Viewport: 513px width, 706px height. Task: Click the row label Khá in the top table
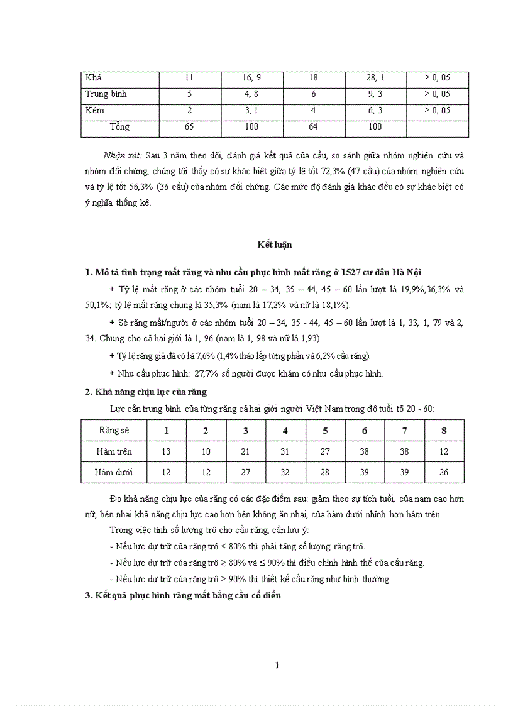click(x=94, y=78)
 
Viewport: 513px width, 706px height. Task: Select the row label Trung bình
click(x=106, y=94)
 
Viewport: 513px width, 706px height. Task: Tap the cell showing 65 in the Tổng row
click(x=189, y=127)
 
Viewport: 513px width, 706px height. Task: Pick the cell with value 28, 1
click(x=375, y=78)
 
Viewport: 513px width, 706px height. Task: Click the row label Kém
click(x=95, y=111)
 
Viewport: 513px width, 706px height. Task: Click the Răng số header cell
click(x=114, y=431)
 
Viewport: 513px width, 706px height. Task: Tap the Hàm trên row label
click(x=114, y=451)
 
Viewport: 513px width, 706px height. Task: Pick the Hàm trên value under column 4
click(x=285, y=451)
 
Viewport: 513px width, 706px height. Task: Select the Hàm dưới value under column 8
click(x=444, y=472)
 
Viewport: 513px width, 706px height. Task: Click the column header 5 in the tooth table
click(x=325, y=431)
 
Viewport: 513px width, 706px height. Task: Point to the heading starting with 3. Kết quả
click(x=183, y=595)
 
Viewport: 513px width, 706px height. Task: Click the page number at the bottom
click(x=277, y=666)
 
